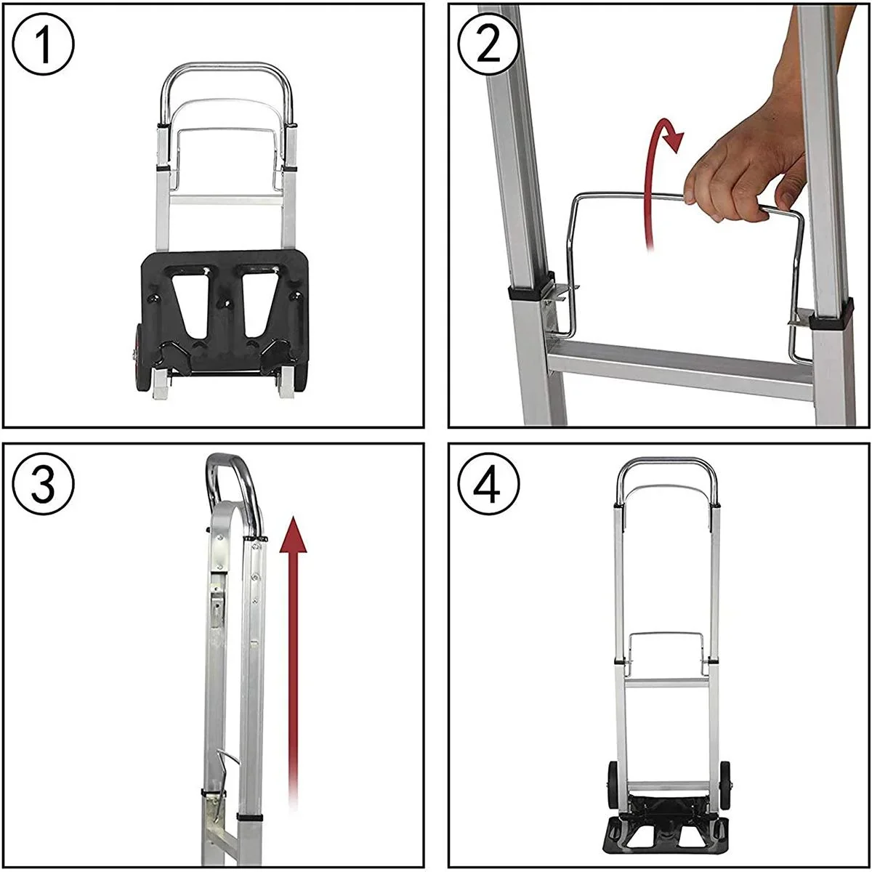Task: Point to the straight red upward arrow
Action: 293,654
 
